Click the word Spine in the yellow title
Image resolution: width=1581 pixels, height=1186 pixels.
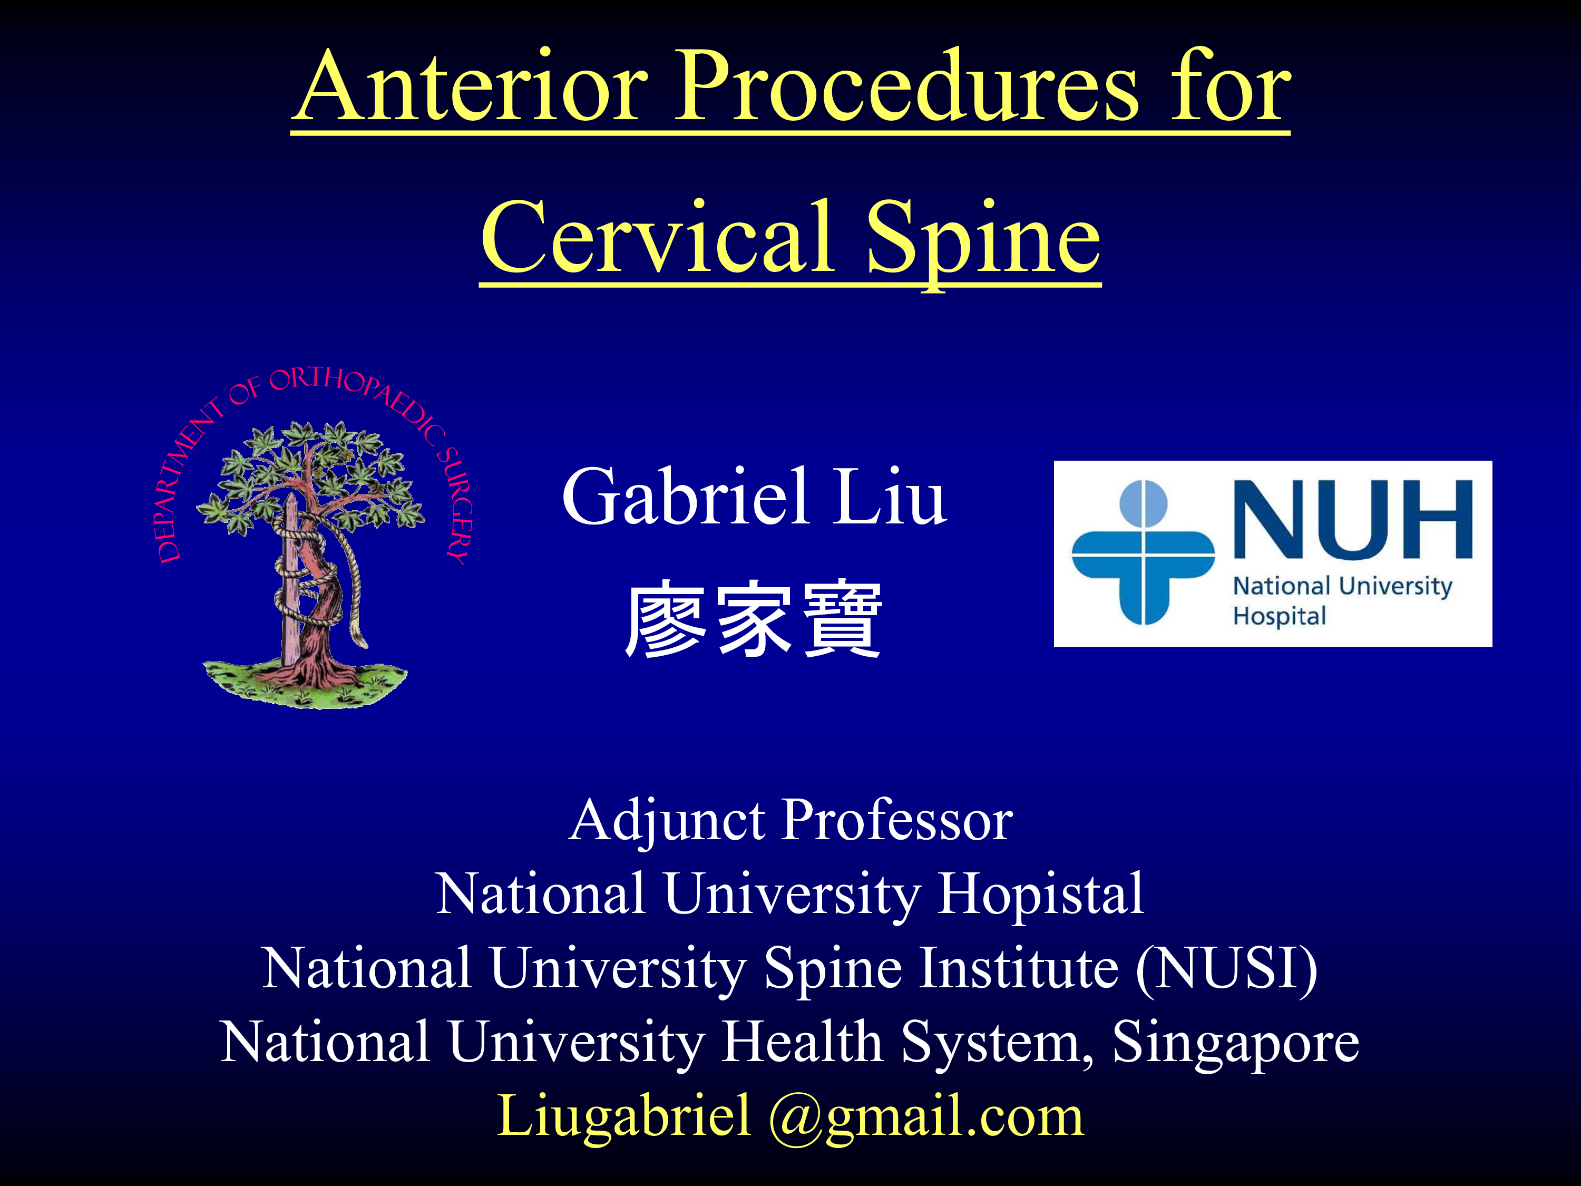point(983,243)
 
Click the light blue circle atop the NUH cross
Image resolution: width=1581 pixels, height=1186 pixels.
point(1144,503)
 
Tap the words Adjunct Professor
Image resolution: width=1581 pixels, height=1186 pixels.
point(790,820)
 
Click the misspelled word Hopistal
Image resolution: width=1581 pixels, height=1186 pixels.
point(1041,893)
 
